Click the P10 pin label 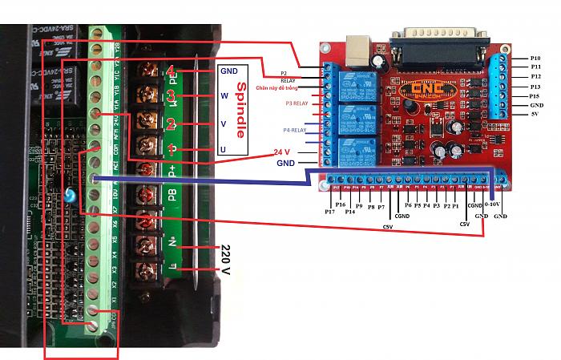click(x=535, y=59)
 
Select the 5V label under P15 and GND click(x=535, y=115)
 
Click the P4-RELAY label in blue click(x=294, y=130)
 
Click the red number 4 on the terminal click(x=172, y=71)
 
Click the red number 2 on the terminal click(x=171, y=124)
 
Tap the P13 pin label click(x=535, y=87)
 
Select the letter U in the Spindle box click(x=224, y=150)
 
